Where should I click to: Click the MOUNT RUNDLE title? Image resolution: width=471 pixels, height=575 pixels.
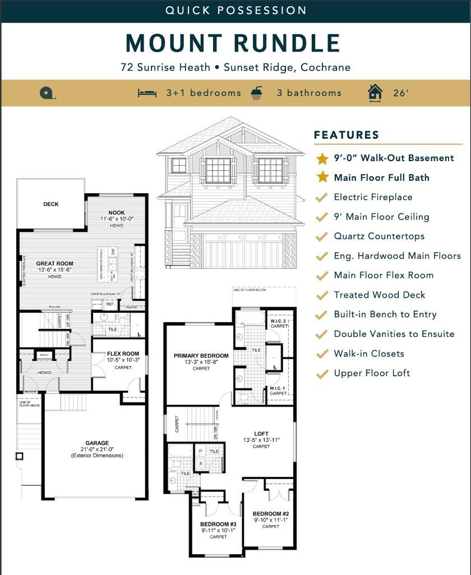tap(233, 43)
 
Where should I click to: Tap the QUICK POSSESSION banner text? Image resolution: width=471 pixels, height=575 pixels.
tap(235, 10)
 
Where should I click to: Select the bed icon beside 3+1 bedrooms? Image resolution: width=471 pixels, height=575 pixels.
tap(147, 93)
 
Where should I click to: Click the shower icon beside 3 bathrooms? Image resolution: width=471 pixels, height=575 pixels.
tap(257, 92)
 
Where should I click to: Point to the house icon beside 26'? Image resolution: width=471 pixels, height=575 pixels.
tap(375, 93)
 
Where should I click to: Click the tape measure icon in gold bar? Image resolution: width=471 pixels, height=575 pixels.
tap(47, 93)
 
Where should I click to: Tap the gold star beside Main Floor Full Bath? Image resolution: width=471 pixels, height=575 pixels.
tap(322, 177)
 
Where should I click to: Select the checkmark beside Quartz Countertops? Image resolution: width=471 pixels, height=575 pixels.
tap(322, 236)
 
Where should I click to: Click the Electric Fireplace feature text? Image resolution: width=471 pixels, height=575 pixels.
tap(373, 197)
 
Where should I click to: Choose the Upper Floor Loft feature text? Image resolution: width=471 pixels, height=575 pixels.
tap(372, 373)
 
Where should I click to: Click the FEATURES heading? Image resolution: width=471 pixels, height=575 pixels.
tap(347, 135)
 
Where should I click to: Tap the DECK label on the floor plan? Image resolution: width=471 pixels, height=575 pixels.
tap(51, 204)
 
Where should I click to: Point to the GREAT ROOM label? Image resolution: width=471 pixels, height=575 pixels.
tap(54, 263)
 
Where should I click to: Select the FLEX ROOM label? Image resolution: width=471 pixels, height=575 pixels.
tap(123, 354)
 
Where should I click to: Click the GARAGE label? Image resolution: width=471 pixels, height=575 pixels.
tap(97, 443)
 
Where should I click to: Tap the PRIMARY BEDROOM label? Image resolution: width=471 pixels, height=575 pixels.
tap(201, 356)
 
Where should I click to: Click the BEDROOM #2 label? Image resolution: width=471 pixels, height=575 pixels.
tap(270, 514)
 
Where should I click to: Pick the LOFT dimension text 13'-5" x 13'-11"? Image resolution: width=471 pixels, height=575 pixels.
tap(261, 440)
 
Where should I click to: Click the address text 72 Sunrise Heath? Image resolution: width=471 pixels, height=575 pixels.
tap(165, 67)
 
